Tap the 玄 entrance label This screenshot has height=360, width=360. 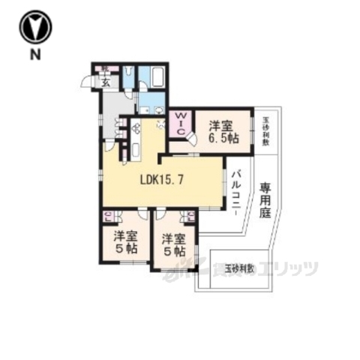[x=106, y=83]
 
